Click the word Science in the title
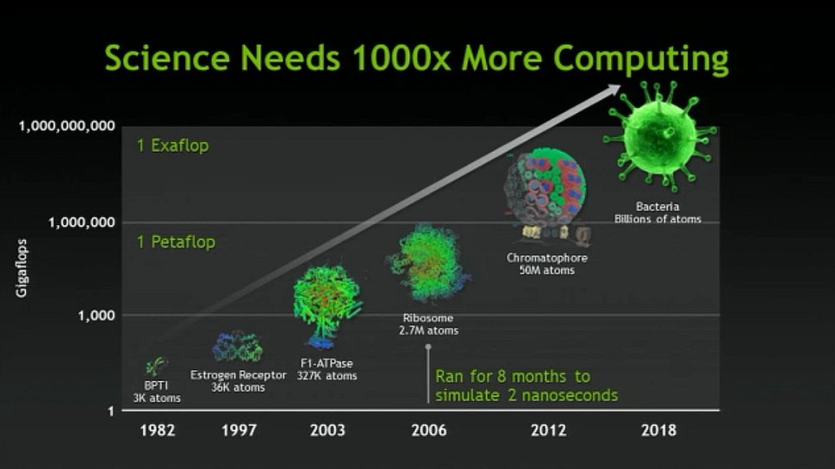point(167,58)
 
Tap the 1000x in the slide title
point(402,58)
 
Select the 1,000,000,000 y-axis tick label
point(67,127)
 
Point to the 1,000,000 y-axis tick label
point(82,222)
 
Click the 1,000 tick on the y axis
point(97,316)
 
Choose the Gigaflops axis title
point(22,268)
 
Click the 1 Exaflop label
point(173,146)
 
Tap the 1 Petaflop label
point(177,242)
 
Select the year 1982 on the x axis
point(158,430)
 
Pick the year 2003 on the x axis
point(327,430)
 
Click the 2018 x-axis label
point(658,430)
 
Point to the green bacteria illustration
point(660,135)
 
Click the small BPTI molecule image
point(157,366)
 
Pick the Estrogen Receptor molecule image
point(238,347)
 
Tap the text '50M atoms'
point(547,270)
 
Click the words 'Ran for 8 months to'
point(513,376)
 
